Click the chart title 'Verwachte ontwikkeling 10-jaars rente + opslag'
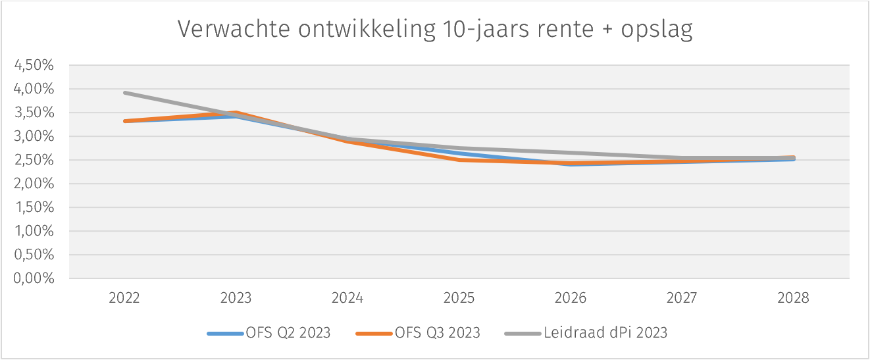point(435,30)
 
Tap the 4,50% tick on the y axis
point(33,65)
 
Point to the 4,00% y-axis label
point(33,89)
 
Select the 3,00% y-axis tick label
point(33,136)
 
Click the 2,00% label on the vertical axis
point(33,184)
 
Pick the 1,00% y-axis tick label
point(33,231)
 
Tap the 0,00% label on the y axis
point(33,278)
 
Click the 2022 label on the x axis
point(124,298)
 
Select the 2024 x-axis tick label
point(347,298)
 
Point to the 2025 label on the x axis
point(459,298)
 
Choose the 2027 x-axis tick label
point(682,298)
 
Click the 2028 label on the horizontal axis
point(793,298)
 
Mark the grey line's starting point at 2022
point(124,93)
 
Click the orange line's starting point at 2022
point(124,121)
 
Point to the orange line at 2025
point(459,160)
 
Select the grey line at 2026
point(571,153)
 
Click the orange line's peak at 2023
point(236,113)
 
